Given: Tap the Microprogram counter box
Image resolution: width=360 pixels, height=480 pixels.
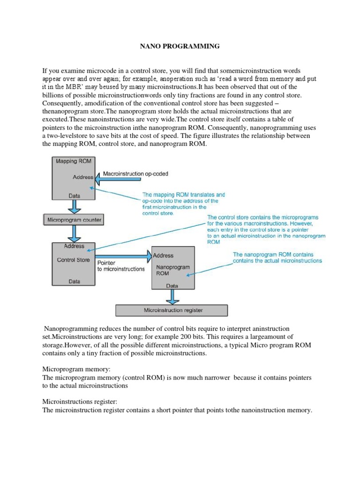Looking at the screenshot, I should click(74, 219).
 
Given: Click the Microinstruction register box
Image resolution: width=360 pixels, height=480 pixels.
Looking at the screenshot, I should click(172, 310).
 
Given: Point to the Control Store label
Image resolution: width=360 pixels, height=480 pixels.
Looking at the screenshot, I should click(73, 260).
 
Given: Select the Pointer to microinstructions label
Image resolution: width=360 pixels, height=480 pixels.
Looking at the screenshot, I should click(120, 266).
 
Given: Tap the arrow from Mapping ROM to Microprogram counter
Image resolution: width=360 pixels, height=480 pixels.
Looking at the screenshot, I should click(74, 207).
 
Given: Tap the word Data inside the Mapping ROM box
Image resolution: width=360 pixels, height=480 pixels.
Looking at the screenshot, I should click(74, 195).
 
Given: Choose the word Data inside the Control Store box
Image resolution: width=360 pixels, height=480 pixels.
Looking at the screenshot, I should click(74, 282).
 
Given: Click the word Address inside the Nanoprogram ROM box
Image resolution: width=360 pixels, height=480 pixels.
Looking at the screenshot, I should click(163, 255).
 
